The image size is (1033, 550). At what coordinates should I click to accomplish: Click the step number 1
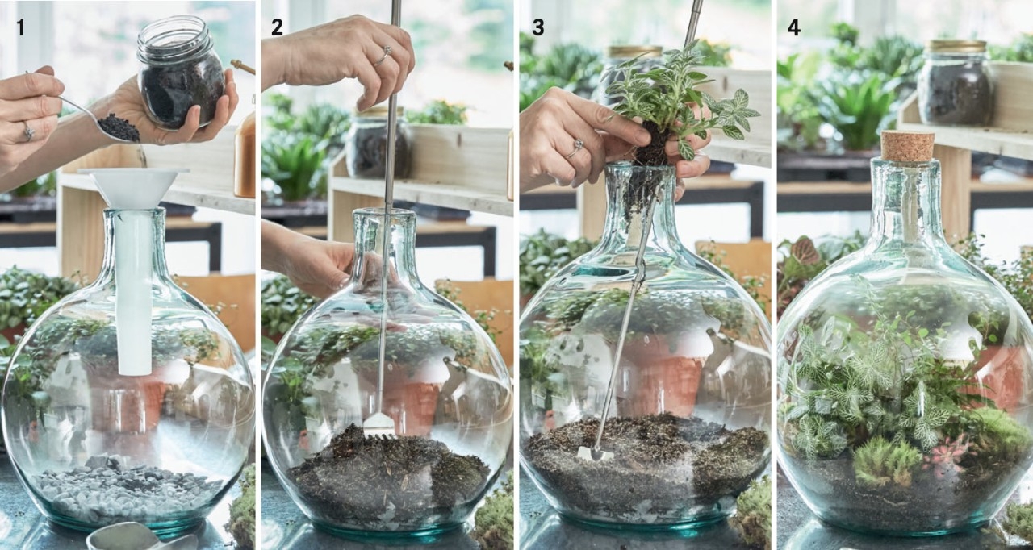point(20,27)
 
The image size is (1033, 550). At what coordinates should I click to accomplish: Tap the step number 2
point(277,27)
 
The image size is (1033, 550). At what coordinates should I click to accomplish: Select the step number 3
point(537,27)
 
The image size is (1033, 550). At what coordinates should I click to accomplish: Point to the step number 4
point(793,27)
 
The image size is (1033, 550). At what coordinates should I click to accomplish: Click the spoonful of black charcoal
point(119,127)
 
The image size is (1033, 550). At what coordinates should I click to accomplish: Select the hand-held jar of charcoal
point(181,73)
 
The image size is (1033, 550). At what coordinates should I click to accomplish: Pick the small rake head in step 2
point(379,425)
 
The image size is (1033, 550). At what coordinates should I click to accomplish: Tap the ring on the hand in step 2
point(383,56)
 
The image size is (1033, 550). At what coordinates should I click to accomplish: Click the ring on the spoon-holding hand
point(28,131)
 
